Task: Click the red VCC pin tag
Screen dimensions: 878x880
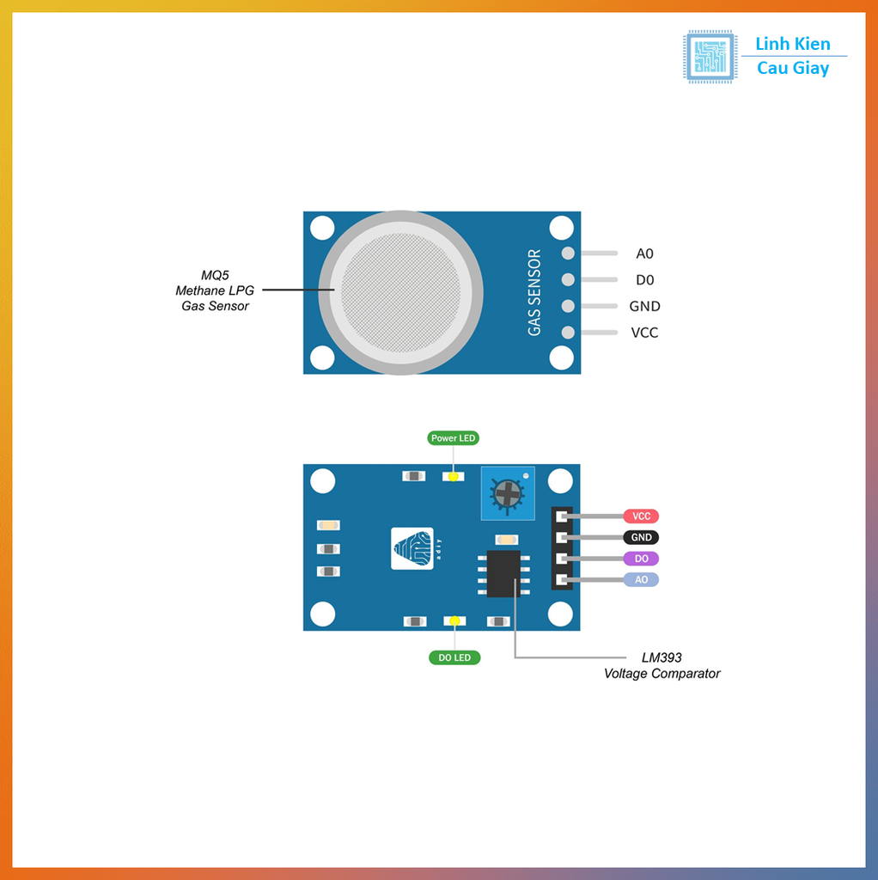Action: tap(641, 516)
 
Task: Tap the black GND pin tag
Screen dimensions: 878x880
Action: tap(641, 537)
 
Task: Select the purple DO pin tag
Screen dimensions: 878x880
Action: tap(641, 559)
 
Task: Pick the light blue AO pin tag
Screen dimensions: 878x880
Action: tap(641, 580)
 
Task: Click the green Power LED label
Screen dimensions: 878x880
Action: tap(454, 437)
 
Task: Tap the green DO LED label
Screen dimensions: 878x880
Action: tap(454, 657)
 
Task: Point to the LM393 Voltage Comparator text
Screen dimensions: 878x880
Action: tap(662, 665)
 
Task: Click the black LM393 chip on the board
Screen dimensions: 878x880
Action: tap(503, 573)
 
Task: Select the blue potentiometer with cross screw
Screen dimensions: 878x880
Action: tap(508, 494)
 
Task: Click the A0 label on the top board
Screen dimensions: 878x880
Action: tap(644, 254)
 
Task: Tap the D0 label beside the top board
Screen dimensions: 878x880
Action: tap(644, 280)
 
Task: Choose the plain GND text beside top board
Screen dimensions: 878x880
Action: tap(644, 307)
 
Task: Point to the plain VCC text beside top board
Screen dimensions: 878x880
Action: tap(644, 333)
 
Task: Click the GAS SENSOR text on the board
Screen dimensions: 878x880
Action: tap(534, 292)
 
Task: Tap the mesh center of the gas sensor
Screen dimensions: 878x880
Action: tap(400, 292)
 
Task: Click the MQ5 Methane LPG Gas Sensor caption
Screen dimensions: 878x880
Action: tap(215, 290)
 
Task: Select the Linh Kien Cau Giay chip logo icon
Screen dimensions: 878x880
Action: tap(710, 57)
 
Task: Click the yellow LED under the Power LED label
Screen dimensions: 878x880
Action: tap(454, 476)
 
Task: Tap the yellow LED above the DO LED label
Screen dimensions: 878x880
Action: tap(454, 620)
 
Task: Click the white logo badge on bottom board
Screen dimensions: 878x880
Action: tap(412, 548)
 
